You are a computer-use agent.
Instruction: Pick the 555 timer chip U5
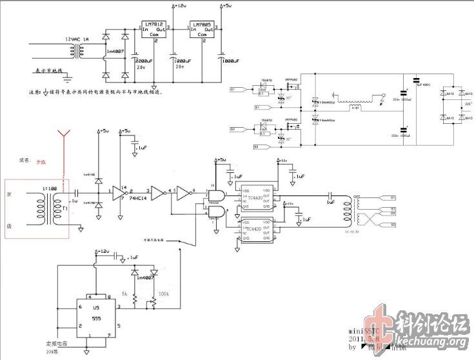tap(97, 319)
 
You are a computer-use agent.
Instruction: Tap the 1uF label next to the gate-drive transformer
tap(330, 202)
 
